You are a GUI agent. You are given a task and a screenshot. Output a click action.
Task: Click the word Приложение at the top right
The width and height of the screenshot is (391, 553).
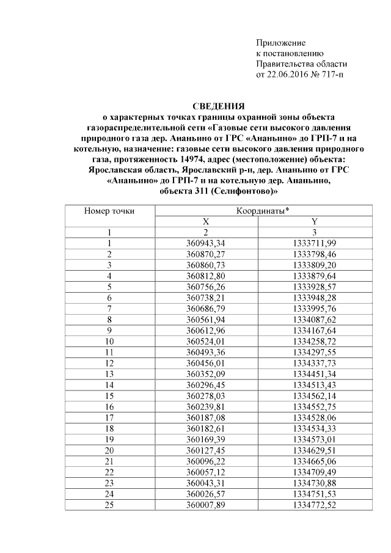(x=280, y=42)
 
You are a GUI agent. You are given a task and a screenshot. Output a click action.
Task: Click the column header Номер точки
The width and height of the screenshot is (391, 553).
(x=109, y=211)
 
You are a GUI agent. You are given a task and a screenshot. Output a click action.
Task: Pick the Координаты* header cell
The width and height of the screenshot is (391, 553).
(x=262, y=211)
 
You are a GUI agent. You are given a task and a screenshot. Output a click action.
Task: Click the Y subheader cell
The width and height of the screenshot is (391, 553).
(x=315, y=222)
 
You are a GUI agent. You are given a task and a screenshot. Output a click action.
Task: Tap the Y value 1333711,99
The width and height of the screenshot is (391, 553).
(x=315, y=243)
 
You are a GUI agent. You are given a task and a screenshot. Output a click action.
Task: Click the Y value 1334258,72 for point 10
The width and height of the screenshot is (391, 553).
(x=315, y=340)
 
